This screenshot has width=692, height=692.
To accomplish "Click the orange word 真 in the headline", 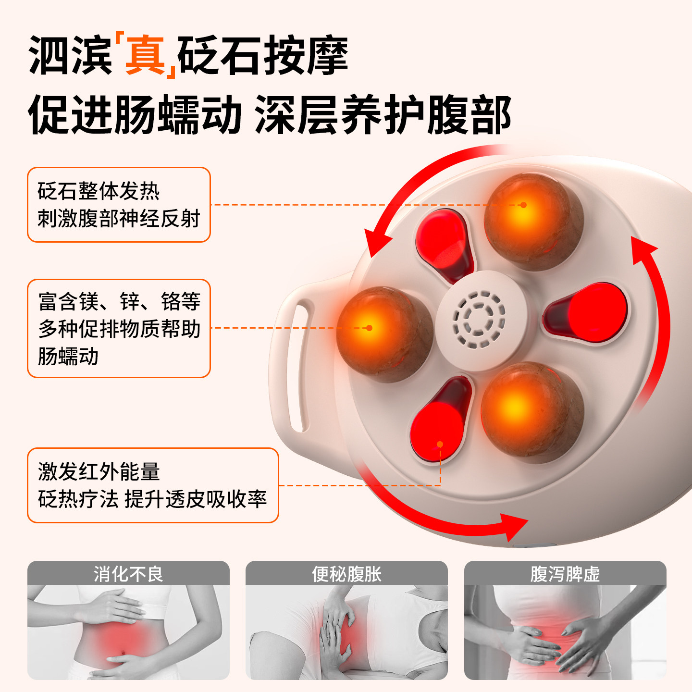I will tap(145, 55).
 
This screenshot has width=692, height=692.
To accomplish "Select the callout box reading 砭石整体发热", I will tap(119, 205).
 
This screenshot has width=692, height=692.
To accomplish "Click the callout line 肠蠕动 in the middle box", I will tap(68, 356).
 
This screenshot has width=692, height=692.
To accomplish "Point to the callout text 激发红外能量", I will tap(99, 471).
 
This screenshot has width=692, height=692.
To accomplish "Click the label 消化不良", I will tap(128, 574).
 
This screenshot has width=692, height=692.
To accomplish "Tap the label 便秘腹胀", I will tap(346, 574).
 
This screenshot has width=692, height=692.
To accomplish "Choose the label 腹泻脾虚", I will tap(565, 574).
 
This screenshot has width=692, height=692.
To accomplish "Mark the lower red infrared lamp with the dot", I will tap(438, 423).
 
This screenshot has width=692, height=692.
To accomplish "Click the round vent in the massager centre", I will tap(479, 320).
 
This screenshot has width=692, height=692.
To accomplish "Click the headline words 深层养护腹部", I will tap(383, 115).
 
